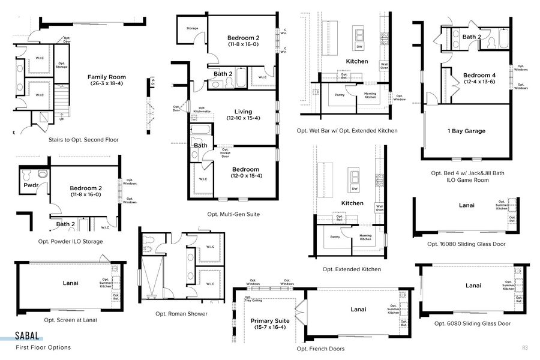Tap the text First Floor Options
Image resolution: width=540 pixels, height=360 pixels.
43,347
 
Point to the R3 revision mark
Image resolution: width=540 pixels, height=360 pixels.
524,347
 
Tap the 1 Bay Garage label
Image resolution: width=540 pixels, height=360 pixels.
466,131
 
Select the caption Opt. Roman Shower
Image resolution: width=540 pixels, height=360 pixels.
181,314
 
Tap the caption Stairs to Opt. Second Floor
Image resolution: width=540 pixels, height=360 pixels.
83,140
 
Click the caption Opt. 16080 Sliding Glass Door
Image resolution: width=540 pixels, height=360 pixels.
466,244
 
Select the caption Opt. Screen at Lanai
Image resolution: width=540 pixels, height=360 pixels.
70,320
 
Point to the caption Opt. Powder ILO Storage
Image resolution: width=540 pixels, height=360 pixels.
70,241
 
